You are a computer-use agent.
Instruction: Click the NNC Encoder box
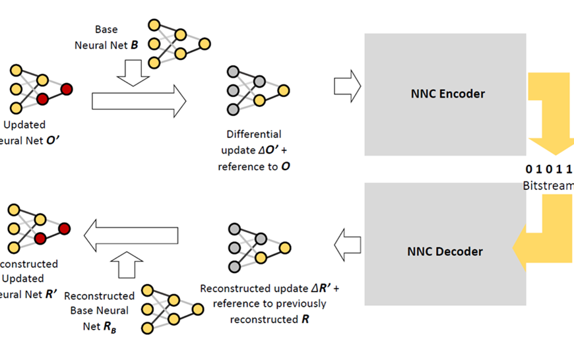click(445, 94)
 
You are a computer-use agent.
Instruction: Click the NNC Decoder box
click(445, 251)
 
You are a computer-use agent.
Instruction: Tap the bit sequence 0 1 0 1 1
click(549, 168)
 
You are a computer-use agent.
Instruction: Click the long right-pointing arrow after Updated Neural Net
click(139, 101)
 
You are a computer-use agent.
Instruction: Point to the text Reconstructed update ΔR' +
click(270, 289)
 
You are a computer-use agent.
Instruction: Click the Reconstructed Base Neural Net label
click(100, 309)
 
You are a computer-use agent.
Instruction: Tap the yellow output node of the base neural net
click(205, 45)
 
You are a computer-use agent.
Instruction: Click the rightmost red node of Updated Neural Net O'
click(67, 89)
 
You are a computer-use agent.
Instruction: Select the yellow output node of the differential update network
click(284, 90)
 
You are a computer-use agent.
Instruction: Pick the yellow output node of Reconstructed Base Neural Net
click(197, 309)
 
